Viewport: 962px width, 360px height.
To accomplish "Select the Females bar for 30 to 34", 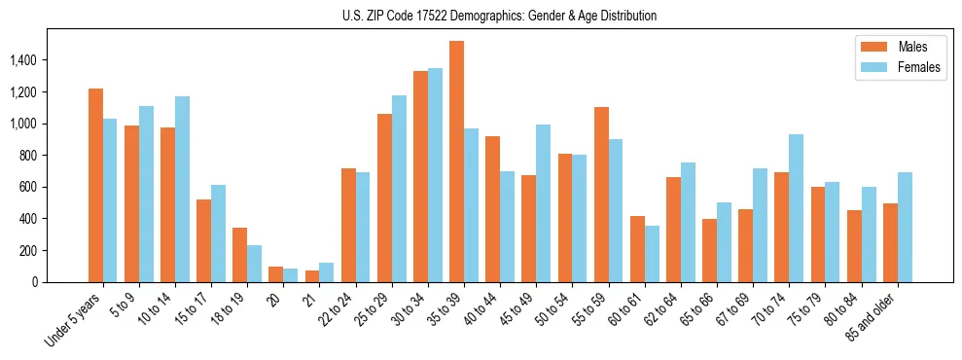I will tap(435, 175).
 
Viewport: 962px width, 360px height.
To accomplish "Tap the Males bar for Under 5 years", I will tap(95, 185).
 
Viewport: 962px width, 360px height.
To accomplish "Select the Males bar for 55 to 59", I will tap(601, 195).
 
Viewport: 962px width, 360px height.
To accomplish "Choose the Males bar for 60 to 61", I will tap(637, 249).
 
